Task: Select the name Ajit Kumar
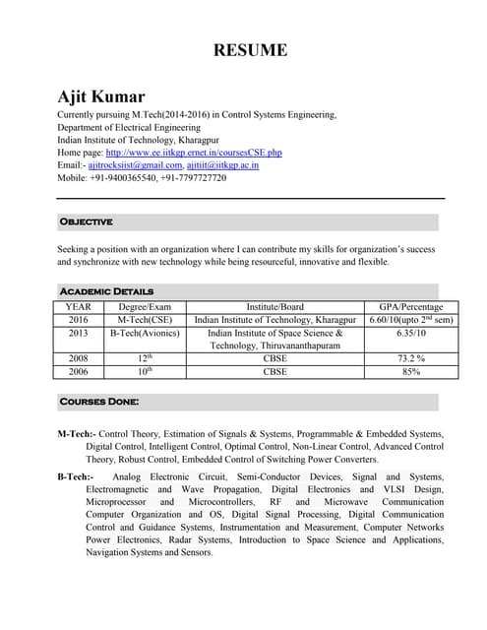(x=101, y=96)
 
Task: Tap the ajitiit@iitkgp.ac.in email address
(x=222, y=165)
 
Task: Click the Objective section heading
(x=86, y=221)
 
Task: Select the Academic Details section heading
(x=106, y=291)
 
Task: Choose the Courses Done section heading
(x=98, y=402)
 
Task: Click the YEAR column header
(x=78, y=307)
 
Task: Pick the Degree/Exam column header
(x=145, y=307)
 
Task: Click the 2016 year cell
(x=78, y=320)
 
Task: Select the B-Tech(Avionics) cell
(x=145, y=334)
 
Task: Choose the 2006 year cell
(x=78, y=372)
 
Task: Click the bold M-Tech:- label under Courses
(x=77, y=434)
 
